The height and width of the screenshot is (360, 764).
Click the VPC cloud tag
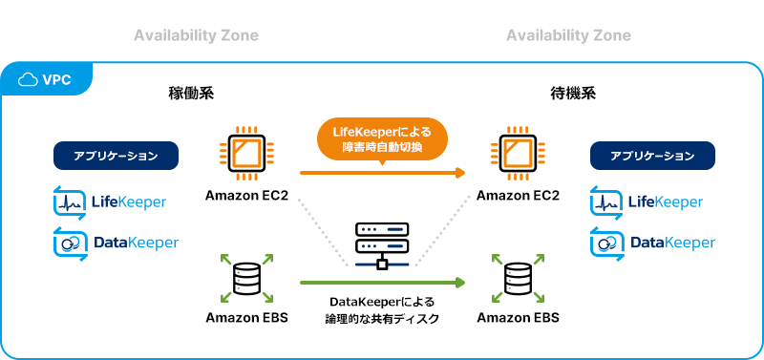tap(46, 79)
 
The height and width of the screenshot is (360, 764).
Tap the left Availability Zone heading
tap(196, 35)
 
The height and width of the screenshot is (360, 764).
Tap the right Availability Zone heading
tap(568, 35)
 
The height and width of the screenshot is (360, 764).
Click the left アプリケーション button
tap(116, 156)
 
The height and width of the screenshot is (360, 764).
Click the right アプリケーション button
tap(652, 156)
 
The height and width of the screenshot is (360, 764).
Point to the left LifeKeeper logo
tap(110, 202)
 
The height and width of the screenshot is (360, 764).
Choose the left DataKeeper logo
tap(116, 243)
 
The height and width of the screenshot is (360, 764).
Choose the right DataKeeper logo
tap(652, 243)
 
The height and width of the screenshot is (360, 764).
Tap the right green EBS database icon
tap(517, 279)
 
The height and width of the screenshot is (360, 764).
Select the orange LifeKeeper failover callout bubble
tap(381, 140)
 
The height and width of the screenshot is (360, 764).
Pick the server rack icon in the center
tap(382, 244)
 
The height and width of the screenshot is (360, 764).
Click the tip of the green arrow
tap(463, 282)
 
